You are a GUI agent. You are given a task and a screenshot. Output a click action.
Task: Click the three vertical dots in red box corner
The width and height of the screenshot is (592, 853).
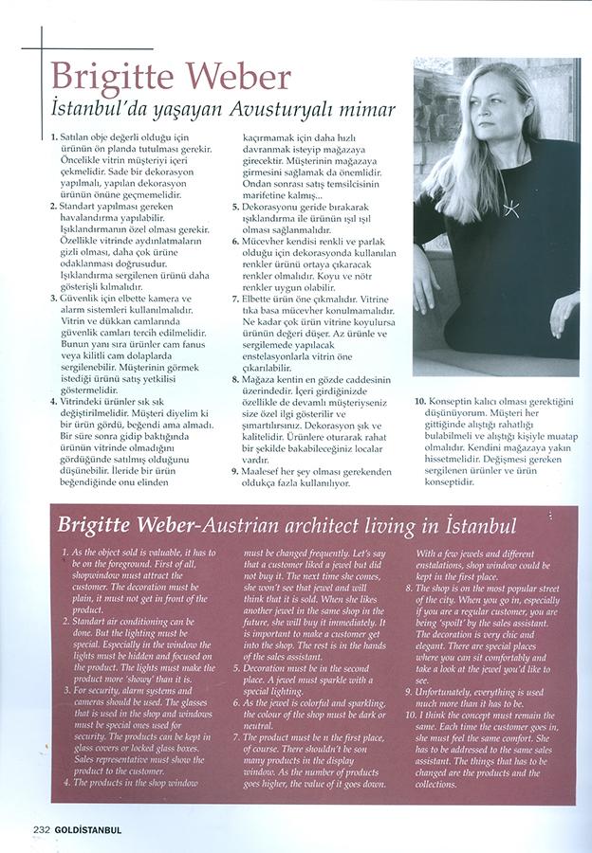coord(544,518)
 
